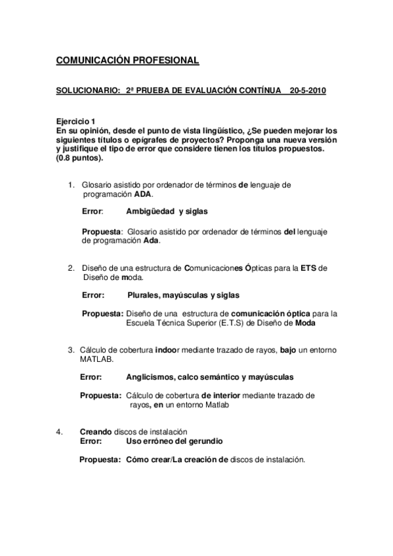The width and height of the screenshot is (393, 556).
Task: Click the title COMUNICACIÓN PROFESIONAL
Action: click(x=127, y=61)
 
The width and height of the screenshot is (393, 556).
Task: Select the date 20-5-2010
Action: click(x=308, y=90)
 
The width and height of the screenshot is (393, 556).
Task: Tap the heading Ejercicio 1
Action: click(x=76, y=122)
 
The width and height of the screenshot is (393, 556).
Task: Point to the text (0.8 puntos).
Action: click(x=79, y=158)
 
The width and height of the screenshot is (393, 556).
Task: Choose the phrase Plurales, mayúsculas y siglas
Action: click(x=183, y=295)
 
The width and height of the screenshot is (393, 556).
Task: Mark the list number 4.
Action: click(x=59, y=431)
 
